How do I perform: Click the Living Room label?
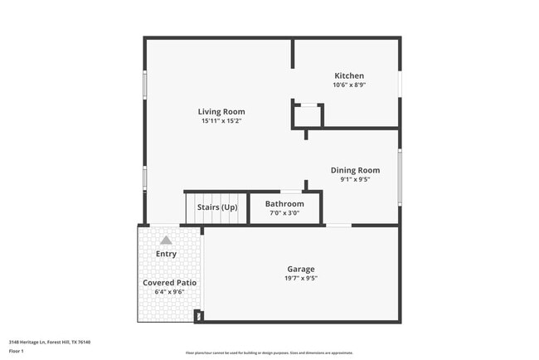tap(221, 112)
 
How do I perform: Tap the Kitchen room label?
tap(348, 75)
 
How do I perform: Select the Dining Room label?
tap(355, 170)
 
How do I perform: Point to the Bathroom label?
tap(284, 204)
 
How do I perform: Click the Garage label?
tap(300, 269)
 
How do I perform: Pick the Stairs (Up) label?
tap(217, 207)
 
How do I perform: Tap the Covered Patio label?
tap(169, 283)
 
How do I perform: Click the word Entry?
tap(166, 254)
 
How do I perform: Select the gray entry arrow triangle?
tap(166, 240)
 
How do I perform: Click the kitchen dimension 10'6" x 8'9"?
tap(349, 85)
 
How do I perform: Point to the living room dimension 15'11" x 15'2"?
tap(221, 121)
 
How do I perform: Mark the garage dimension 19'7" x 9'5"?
tap(300, 278)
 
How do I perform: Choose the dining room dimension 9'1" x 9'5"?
tap(355, 179)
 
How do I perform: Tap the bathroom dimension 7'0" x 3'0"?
tap(284, 213)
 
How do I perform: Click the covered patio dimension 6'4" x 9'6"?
tap(169, 292)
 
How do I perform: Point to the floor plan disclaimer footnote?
tap(269, 353)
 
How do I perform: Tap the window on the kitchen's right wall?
tap(400, 83)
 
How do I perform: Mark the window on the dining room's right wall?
tap(400, 176)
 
